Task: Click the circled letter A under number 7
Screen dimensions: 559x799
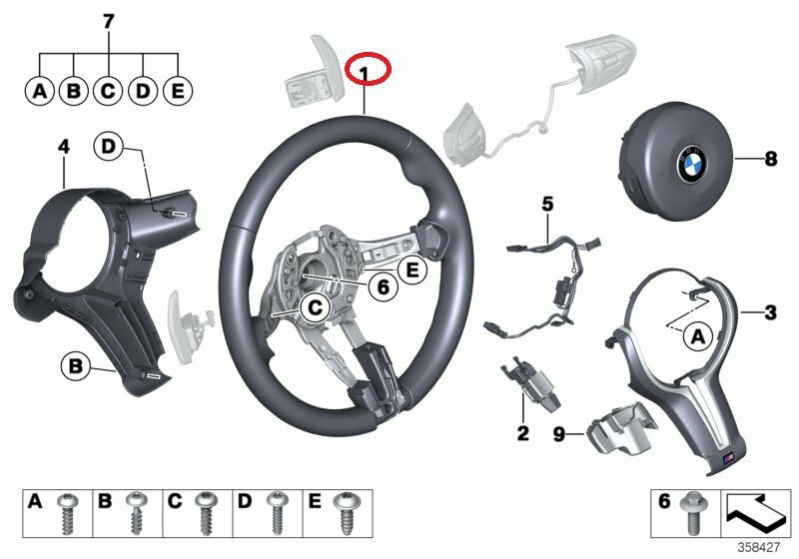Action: [x=39, y=92]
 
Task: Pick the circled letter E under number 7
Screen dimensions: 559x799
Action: [x=177, y=92]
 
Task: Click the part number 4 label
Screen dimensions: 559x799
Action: [x=63, y=148]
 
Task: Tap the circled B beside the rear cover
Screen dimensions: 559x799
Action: [x=75, y=366]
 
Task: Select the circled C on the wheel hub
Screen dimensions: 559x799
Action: [x=313, y=308]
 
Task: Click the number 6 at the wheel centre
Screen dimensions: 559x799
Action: [x=381, y=286]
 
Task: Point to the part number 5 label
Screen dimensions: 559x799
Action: [x=546, y=205]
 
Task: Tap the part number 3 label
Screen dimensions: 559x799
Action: [x=770, y=313]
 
